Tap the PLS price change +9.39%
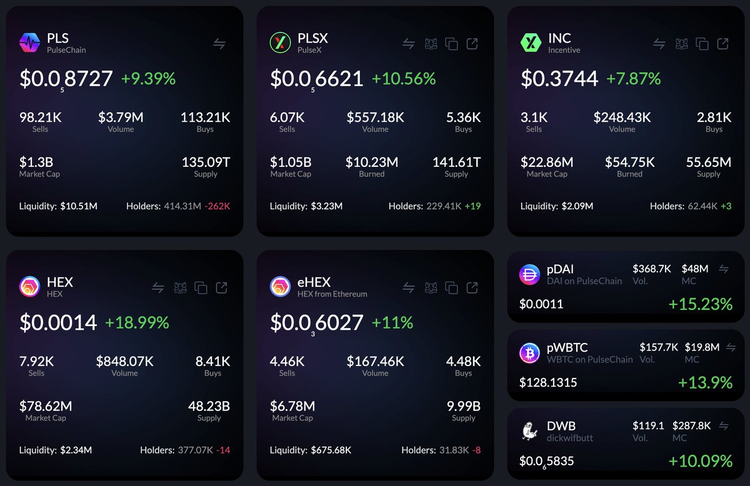[x=148, y=79]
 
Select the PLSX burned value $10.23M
[x=371, y=162]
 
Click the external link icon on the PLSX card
[x=472, y=44]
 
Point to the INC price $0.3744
[x=559, y=79]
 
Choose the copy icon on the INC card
[x=702, y=44]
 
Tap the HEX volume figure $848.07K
[x=124, y=361]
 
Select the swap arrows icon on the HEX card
[x=158, y=287]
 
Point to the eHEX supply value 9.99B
[x=463, y=406]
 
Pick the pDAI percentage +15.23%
[x=700, y=304]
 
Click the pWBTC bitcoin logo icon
[x=530, y=353]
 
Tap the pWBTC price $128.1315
[x=548, y=382]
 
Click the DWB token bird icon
[x=530, y=431]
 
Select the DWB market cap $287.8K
[x=691, y=425]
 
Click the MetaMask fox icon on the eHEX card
[x=431, y=287]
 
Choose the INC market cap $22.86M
[x=547, y=162]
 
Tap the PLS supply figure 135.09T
[x=206, y=162]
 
